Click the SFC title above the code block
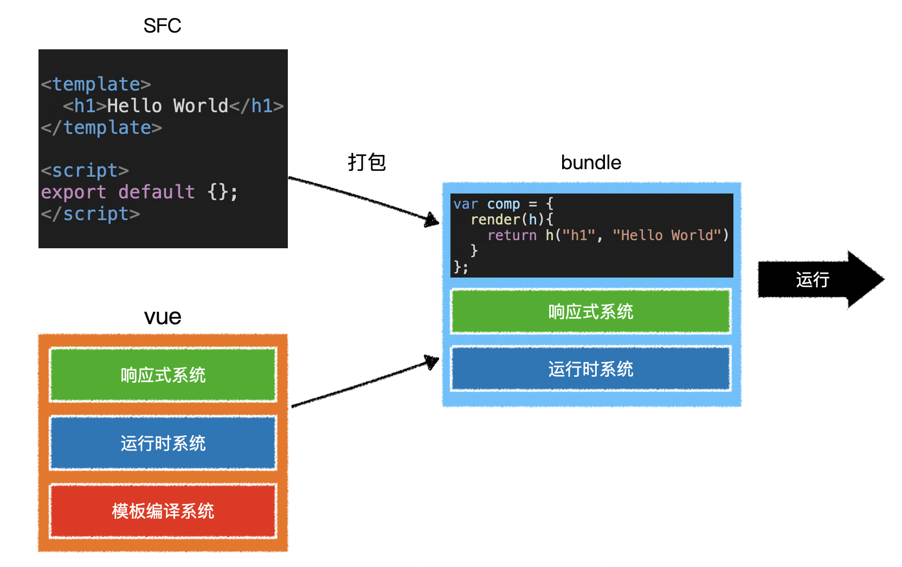pyautogui.click(x=162, y=25)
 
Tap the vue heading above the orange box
pyautogui.click(x=163, y=317)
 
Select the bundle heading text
pyautogui.click(x=591, y=163)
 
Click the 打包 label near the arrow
pyautogui.click(x=366, y=162)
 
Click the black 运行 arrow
pyautogui.click(x=819, y=280)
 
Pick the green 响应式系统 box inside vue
pyautogui.click(x=163, y=375)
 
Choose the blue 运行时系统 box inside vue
pyautogui.click(x=163, y=443)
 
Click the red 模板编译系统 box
pyautogui.click(x=163, y=511)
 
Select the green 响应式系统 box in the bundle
pyautogui.click(x=591, y=312)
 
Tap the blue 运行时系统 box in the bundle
pyautogui.click(x=591, y=369)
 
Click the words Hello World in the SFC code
pyautogui.click(x=167, y=106)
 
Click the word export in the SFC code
pyautogui.click(x=73, y=192)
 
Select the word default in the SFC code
pyautogui.click(x=156, y=192)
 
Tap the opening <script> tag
pyautogui.click(x=85, y=170)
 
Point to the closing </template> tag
pyautogui.click(x=101, y=127)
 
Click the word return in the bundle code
pyautogui.click(x=512, y=235)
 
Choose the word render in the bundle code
pyautogui.click(x=495, y=220)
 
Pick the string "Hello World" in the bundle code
pyautogui.click(x=671, y=235)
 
